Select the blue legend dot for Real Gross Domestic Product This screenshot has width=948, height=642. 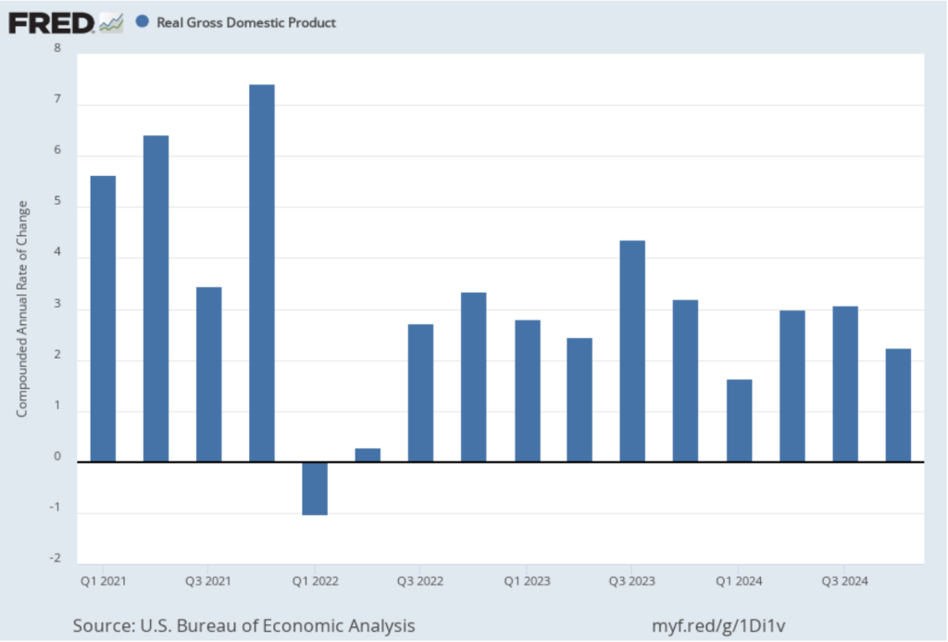click(x=142, y=21)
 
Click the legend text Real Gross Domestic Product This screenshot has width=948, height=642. click(x=247, y=22)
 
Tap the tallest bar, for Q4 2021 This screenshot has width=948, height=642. click(x=262, y=273)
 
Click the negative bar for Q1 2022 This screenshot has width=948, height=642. click(x=315, y=488)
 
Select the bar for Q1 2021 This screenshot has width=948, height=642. click(x=103, y=319)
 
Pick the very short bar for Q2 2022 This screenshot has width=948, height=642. click(x=368, y=455)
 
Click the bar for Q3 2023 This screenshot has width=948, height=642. click(x=632, y=351)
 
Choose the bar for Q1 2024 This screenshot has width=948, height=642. click(x=739, y=421)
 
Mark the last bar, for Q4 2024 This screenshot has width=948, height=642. click(x=898, y=405)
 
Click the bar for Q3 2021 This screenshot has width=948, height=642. click(x=208, y=374)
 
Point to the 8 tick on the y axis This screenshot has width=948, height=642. click(x=57, y=48)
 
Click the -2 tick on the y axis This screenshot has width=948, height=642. click(x=56, y=558)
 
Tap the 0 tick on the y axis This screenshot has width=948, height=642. click(x=57, y=456)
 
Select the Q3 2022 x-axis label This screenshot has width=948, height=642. click(x=419, y=582)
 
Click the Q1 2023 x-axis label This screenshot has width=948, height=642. click(x=527, y=582)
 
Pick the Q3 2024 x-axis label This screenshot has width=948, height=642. click(x=844, y=582)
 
